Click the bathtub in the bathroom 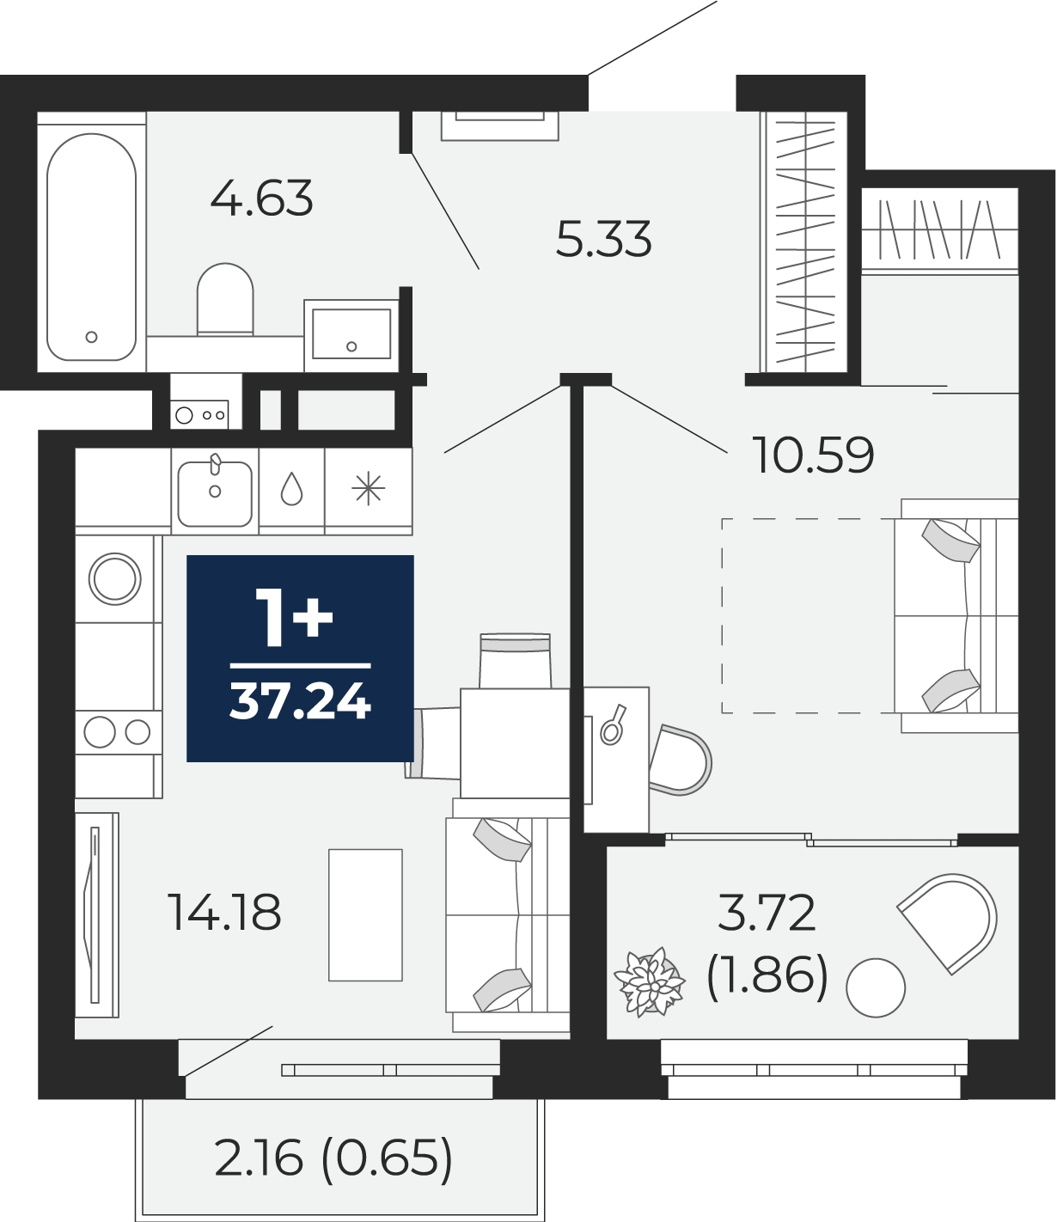92,247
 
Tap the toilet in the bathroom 225,299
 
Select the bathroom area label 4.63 261,198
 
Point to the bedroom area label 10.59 813,455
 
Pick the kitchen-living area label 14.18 224,913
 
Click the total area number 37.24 300,702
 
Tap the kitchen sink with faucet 215,492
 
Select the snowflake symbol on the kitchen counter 368,489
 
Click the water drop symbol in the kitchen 291,490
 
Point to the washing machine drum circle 114,579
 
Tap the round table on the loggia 876,988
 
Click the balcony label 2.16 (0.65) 333,1158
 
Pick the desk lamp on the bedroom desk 613,724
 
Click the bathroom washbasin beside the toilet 351,335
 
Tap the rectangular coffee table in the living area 365,915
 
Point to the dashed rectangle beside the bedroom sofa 808,615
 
